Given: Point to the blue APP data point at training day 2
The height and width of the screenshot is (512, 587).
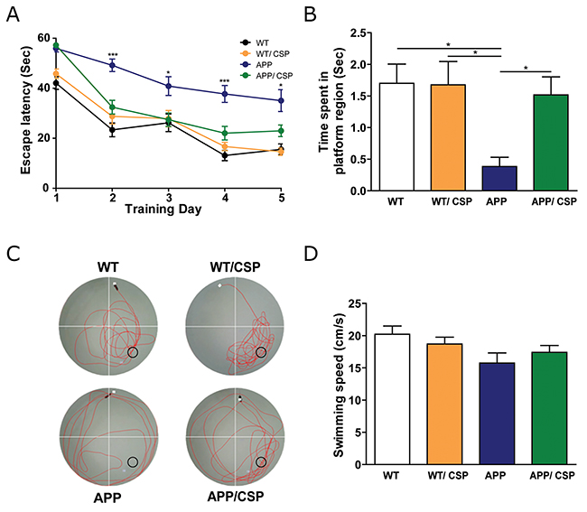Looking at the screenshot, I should (113, 65).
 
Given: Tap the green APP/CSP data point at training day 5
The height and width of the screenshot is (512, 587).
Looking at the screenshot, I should (282, 130).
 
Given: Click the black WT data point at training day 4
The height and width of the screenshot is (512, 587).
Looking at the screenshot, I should (225, 155).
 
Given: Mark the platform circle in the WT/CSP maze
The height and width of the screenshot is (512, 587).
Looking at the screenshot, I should (262, 352).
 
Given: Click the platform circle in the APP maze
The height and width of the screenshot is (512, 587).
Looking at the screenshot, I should (133, 461).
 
